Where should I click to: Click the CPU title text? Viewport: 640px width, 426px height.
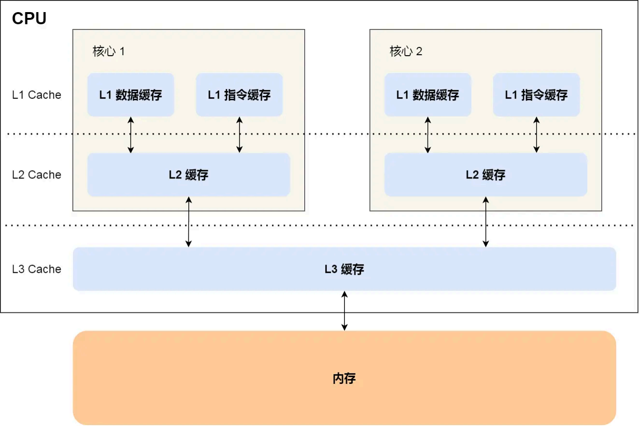[x=29, y=18]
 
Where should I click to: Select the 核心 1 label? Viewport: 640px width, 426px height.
[x=109, y=51]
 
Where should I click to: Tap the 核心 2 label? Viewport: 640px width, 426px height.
[x=406, y=51]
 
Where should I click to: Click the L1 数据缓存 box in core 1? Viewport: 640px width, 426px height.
[x=130, y=95]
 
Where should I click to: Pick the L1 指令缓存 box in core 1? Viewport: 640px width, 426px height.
[x=239, y=95]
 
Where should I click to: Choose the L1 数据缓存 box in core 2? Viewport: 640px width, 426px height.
[x=427, y=95]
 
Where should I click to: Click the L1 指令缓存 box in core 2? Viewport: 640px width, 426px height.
[x=536, y=95]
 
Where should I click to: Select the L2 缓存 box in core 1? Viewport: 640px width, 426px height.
[x=188, y=175]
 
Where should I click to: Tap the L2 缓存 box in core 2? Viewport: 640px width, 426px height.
[x=485, y=175]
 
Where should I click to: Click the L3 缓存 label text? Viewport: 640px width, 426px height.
[x=344, y=269]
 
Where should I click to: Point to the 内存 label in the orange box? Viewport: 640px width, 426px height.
[x=344, y=378]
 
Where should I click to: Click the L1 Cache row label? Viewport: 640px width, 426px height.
[x=37, y=95]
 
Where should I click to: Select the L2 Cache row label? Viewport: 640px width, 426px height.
[x=37, y=175]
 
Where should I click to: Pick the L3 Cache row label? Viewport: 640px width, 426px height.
[x=37, y=269]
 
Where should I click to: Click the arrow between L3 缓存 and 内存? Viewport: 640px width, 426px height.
[x=344, y=310]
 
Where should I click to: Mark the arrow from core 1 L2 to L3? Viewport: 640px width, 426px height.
[x=188, y=221]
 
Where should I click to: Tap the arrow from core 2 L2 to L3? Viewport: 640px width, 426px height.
[x=486, y=221]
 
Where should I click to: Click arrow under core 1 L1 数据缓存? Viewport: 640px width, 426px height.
[x=130, y=135]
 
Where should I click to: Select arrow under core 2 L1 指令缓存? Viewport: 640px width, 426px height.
[x=536, y=135]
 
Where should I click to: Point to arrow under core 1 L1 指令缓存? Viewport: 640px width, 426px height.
[x=239, y=135]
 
